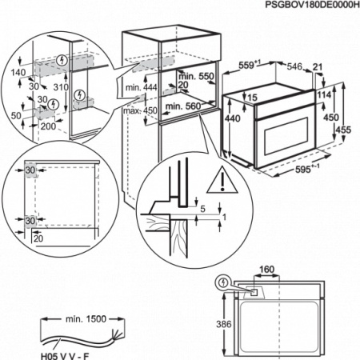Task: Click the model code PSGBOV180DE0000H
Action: coord(312,5)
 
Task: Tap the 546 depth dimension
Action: coord(294,66)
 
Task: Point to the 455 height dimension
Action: coord(343,130)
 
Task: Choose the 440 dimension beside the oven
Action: coord(233,118)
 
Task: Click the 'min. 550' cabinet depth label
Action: coord(196,77)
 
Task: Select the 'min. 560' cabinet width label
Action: coord(183,106)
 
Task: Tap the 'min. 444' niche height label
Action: coord(142,87)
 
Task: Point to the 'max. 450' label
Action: coord(140,110)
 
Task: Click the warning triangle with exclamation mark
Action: coord(222,180)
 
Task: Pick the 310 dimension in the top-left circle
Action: coord(61,87)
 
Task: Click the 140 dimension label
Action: coord(18,72)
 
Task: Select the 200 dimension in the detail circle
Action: coord(48,126)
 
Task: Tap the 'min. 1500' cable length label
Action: coord(86,318)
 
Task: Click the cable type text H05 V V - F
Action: coord(65,356)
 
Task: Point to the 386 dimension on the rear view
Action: coord(224,324)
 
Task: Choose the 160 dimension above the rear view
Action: coord(266,269)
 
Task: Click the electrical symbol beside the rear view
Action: coord(223,282)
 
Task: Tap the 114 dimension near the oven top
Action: coord(324,94)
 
